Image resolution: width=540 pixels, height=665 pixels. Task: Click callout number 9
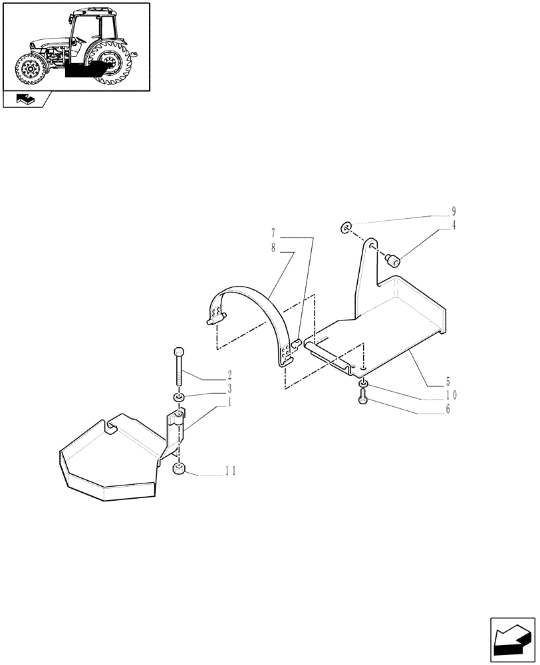coord(454,212)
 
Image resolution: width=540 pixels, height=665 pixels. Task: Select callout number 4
coord(454,225)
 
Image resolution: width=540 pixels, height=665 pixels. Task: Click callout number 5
coord(448,382)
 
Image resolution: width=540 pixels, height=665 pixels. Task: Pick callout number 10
coord(451,394)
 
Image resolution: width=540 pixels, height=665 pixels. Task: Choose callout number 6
coord(448,408)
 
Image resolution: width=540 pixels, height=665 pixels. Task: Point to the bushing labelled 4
coord(393,259)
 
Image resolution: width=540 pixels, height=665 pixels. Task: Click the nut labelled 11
coord(178,470)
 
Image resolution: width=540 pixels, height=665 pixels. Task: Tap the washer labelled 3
coord(178,397)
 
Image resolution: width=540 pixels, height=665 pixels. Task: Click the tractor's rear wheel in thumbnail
coord(113,62)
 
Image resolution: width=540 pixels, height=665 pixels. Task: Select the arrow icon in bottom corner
coord(511,642)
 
